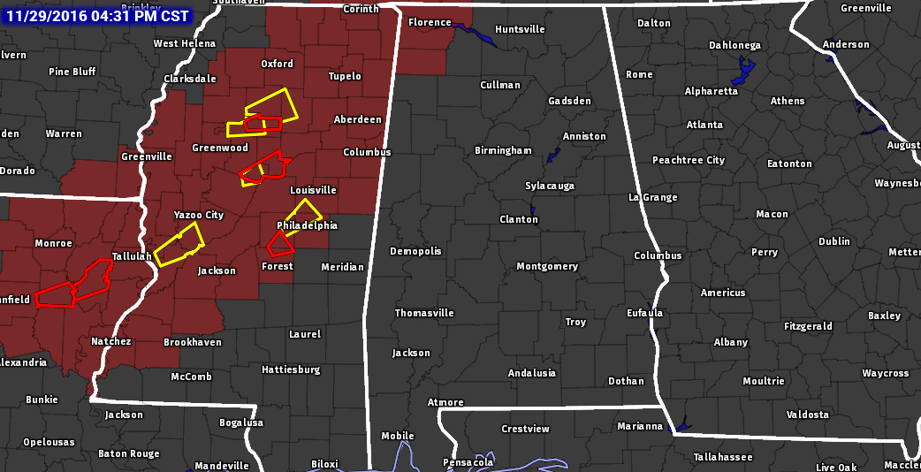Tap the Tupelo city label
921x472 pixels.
pyautogui.click(x=345, y=76)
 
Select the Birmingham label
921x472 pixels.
pyautogui.click(x=503, y=150)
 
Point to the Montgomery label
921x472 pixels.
pyautogui.click(x=547, y=266)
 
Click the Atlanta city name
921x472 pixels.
pyautogui.click(x=704, y=125)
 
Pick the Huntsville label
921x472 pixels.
pyautogui.click(x=520, y=29)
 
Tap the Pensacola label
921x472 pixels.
pyautogui.click(x=468, y=462)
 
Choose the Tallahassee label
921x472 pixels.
pyautogui.click(x=723, y=457)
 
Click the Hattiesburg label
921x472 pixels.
pyautogui.click(x=291, y=369)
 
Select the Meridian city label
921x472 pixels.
pyautogui.click(x=342, y=267)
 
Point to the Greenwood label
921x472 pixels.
pyautogui.click(x=220, y=148)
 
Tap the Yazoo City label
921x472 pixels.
pyautogui.click(x=199, y=215)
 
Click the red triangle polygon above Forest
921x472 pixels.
pyautogui.click(x=280, y=243)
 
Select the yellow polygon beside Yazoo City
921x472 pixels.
pyautogui.click(x=179, y=245)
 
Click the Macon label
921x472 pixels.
pyautogui.click(x=773, y=214)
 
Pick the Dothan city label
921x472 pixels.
pyautogui.click(x=626, y=381)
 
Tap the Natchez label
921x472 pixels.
pyautogui.click(x=111, y=341)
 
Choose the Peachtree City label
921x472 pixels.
pyautogui.click(x=689, y=160)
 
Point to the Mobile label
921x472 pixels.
pyautogui.click(x=398, y=436)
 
